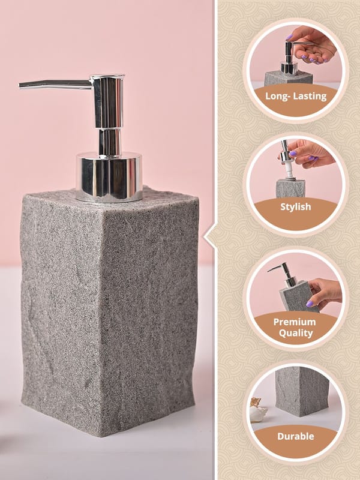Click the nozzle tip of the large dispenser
click(20, 85)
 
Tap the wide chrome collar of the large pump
click(109, 177)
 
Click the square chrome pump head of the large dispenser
click(109, 101)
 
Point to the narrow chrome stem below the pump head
click(110, 141)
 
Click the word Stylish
click(296, 207)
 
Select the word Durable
click(296, 436)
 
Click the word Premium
click(295, 322)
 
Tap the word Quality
click(296, 334)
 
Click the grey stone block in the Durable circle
click(302, 391)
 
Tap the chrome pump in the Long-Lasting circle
click(289, 59)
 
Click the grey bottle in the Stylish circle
click(290, 189)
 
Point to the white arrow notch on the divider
click(209, 237)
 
